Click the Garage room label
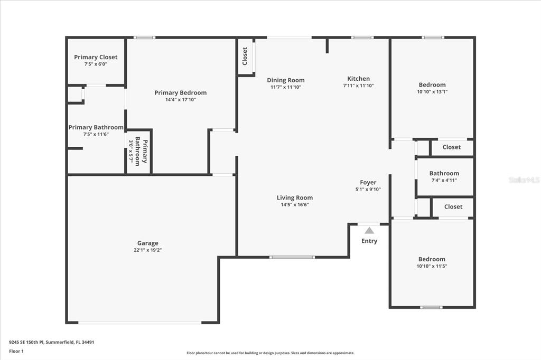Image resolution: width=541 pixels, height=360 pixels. click(148, 243)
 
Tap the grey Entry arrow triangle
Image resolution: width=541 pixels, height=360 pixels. click(369, 230)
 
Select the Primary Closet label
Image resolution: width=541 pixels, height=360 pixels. click(96, 57)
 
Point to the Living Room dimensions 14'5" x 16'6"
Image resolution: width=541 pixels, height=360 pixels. click(295, 204)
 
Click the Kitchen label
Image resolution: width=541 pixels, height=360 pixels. click(359, 79)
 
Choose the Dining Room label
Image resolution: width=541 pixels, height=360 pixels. click(286, 80)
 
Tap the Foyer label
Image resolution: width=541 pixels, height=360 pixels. click(368, 183)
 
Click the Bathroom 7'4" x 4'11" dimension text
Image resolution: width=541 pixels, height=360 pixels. click(444, 180)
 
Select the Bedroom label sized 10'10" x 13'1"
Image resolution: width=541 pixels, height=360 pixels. click(432, 85)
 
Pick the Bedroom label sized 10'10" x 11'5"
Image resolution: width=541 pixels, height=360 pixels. click(432, 259)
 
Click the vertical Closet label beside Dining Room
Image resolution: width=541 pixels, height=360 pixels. click(245, 56)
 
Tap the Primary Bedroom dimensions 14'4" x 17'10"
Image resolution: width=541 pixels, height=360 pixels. click(181, 100)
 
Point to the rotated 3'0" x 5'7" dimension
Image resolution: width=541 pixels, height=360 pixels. click(131, 150)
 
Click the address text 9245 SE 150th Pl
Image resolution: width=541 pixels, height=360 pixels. click(26, 343)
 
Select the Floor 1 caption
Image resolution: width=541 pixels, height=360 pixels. click(16, 352)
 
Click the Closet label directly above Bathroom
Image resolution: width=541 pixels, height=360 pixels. click(451, 147)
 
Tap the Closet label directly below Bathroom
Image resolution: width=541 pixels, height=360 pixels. click(453, 206)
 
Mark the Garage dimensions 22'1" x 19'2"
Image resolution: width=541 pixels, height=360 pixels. click(148, 250)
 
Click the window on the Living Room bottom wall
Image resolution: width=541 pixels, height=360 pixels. click(292, 257)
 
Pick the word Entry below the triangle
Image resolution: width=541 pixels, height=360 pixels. click(369, 241)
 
